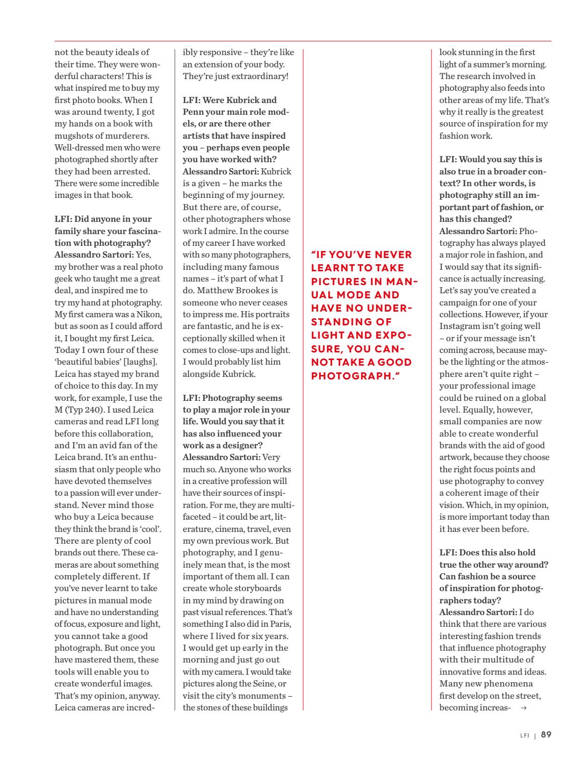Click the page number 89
point(546,735)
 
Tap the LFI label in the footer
point(524,735)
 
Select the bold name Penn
point(194,112)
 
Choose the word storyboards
point(265,589)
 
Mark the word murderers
point(136,136)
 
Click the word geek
point(67,279)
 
